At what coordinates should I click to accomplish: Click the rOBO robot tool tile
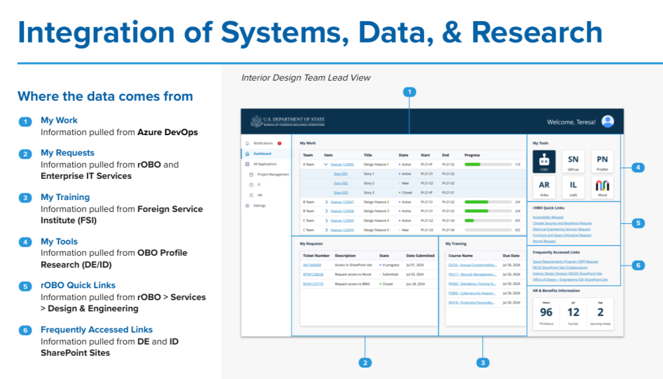coord(544,161)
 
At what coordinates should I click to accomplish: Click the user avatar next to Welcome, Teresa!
coord(607,121)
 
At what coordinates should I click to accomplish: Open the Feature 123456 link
coord(342,164)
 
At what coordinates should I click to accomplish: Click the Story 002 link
coord(340,183)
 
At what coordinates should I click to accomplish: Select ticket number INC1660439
coord(312,264)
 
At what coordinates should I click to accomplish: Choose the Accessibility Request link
coord(548,217)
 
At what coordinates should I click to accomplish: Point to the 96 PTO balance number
coord(546,312)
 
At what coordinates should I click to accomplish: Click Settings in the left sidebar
coord(259,205)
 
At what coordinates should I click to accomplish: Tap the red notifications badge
coord(280,143)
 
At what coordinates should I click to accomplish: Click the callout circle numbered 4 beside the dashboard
coord(638,168)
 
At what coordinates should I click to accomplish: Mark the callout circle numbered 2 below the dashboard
coord(364,362)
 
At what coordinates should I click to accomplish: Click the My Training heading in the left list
coord(65,197)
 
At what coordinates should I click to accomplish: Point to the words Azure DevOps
coord(168,132)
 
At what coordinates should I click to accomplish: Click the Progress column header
coord(472,154)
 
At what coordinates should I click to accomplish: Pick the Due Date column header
coord(511,255)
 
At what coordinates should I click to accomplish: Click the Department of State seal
coord(256,121)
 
